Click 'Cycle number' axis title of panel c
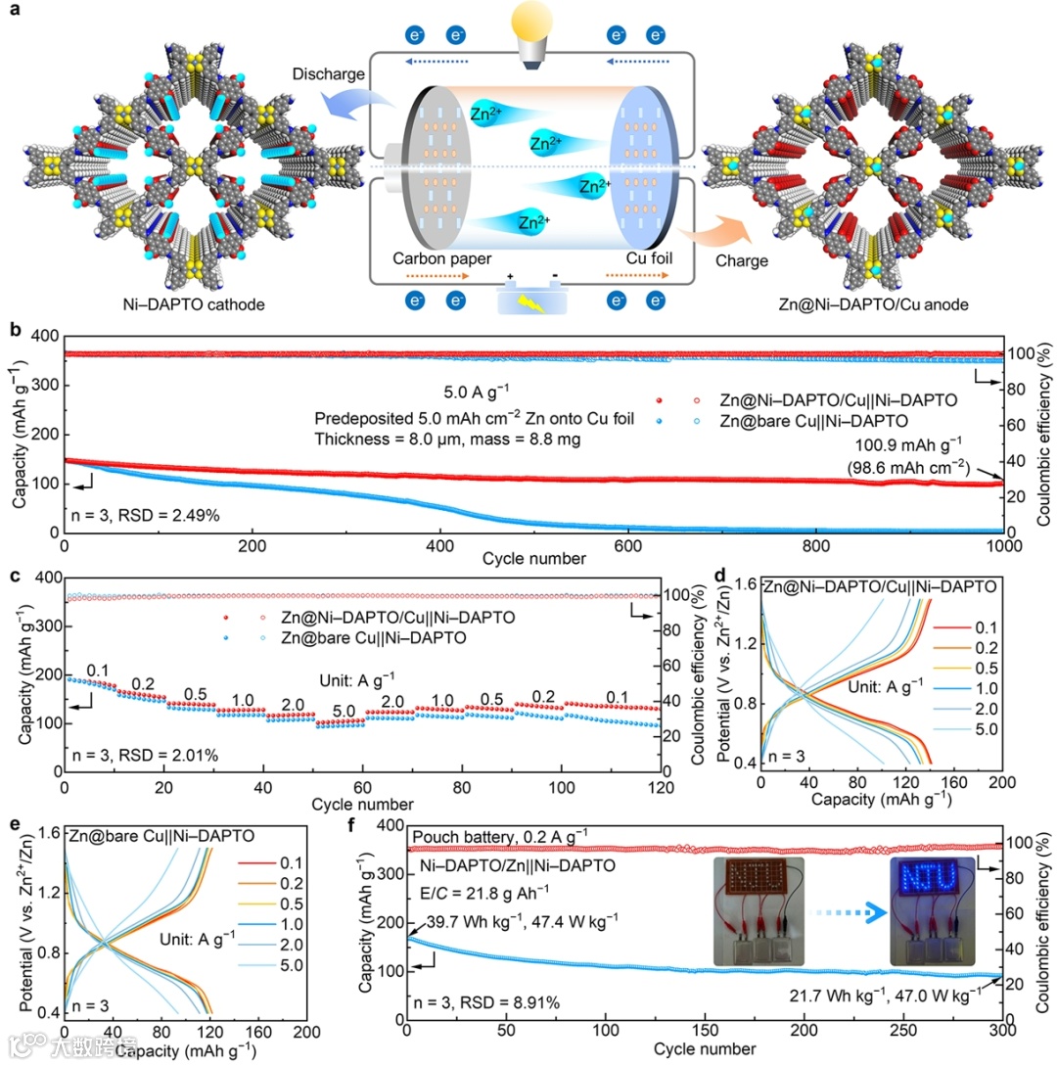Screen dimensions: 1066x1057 tap(362, 804)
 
